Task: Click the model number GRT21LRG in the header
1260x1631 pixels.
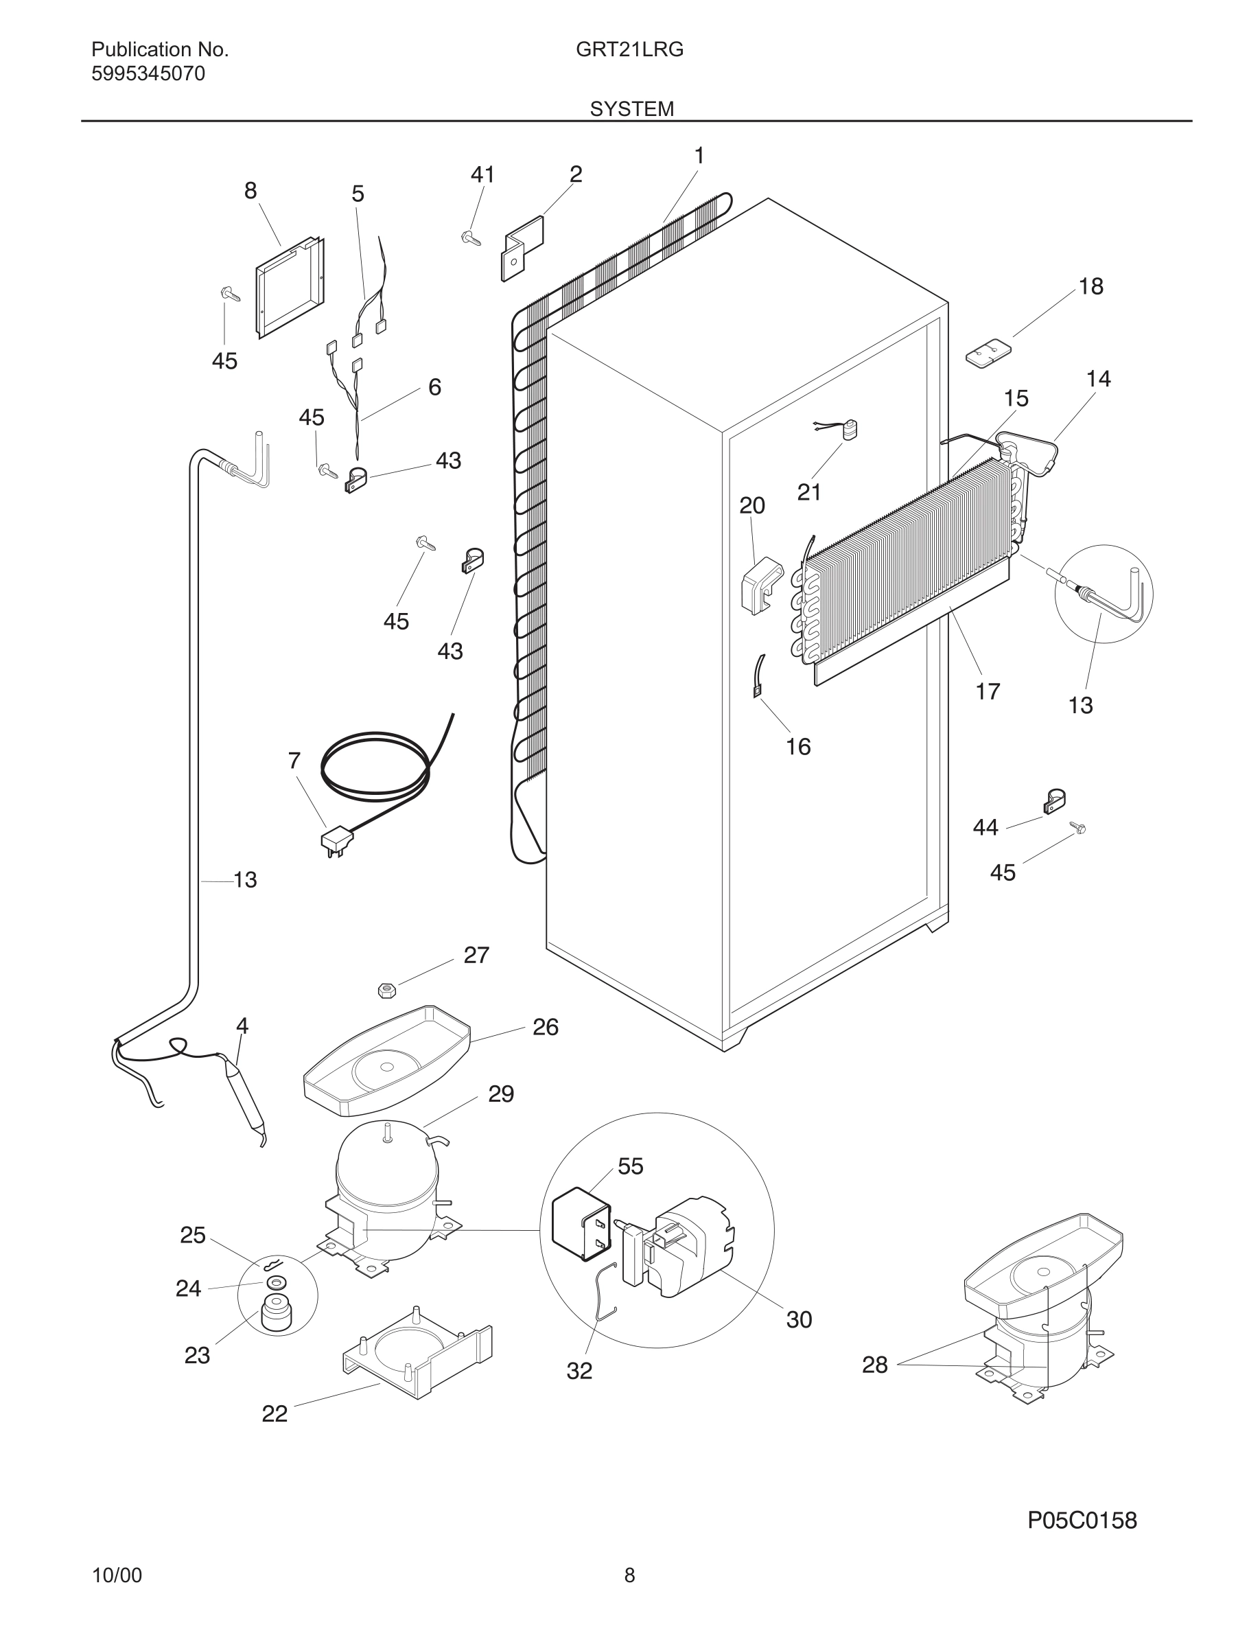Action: click(629, 50)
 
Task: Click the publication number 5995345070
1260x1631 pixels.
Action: click(148, 74)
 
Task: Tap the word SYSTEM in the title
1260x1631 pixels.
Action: click(631, 109)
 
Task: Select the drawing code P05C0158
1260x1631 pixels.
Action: click(1082, 1520)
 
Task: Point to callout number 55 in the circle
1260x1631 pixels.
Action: click(630, 1166)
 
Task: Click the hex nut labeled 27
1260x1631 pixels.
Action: click(385, 991)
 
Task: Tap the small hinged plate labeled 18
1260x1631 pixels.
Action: click(987, 351)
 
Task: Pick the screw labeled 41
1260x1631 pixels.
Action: click(470, 238)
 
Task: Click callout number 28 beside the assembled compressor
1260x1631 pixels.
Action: click(875, 1365)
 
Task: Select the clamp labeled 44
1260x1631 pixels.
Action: click(1053, 802)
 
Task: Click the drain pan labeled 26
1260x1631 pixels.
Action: click(386, 1061)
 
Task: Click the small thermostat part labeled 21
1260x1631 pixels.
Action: click(848, 430)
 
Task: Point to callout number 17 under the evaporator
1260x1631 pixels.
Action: click(987, 691)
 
